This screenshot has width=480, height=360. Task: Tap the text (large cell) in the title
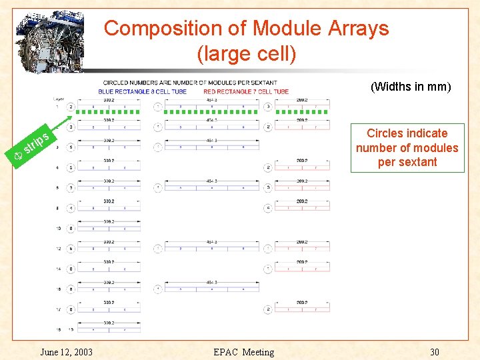(247, 53)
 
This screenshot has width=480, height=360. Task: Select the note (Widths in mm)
(411, 87)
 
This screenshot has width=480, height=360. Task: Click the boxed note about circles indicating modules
(407, 148)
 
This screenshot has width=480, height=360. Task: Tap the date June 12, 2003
(66, 352)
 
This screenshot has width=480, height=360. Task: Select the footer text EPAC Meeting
(243, 352)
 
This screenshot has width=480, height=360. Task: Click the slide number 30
(435, 352)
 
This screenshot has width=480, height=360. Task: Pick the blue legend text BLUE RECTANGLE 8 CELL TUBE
(141, 91)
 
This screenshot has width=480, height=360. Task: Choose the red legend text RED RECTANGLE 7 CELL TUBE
(246, 91)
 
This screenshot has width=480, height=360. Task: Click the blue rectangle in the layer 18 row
(108, 330)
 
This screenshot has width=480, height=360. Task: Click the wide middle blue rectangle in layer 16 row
(212, 289)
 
